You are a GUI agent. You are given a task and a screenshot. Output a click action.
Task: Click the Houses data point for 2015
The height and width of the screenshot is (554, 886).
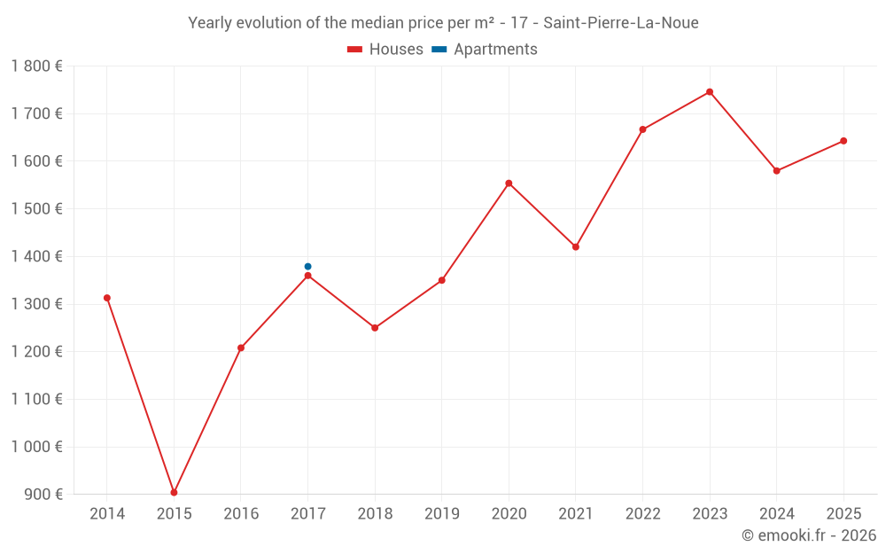[174, 493]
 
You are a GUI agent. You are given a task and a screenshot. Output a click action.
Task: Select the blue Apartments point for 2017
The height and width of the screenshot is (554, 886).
[307, 267]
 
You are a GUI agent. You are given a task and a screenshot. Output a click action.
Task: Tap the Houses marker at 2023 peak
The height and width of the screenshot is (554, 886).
[710, 92]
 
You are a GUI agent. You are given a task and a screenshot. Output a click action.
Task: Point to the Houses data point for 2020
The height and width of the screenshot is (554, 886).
[509, 183]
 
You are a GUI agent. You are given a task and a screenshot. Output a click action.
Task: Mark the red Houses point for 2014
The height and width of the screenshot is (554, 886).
[107, 298]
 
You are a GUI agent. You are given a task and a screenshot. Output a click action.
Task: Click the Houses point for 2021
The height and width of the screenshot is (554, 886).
[576, 247]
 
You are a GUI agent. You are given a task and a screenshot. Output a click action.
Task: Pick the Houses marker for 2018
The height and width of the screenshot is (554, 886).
[375, 328]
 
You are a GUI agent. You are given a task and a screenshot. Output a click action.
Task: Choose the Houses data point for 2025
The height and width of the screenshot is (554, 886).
[843, 141]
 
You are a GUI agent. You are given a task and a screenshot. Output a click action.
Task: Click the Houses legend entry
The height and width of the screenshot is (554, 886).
[385, 50]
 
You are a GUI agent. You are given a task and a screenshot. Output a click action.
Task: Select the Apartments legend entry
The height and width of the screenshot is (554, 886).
[486, 50]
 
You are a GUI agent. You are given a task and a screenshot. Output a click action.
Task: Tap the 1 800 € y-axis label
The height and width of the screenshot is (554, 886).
[37, 66]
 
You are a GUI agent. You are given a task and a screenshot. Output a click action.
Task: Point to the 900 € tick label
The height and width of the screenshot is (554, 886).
[43, 495]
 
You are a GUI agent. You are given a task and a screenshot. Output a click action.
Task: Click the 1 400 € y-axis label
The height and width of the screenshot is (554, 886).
[37, 256]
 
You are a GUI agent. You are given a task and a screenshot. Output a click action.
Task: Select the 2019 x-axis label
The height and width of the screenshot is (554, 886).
[441, 514]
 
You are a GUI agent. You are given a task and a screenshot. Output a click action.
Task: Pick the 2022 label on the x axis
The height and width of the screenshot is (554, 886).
[642, 514]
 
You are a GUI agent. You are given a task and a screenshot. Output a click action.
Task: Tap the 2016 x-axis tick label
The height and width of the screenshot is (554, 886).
[241, 514]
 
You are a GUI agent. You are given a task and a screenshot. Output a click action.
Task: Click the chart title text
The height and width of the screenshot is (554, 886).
[443, 23]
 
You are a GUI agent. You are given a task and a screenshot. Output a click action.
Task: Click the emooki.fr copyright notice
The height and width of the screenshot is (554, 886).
[809, 535]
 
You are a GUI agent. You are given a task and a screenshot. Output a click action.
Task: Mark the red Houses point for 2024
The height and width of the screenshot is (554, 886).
[777, 171]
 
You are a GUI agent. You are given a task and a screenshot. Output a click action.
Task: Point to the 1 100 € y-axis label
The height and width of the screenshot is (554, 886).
[37, 399]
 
